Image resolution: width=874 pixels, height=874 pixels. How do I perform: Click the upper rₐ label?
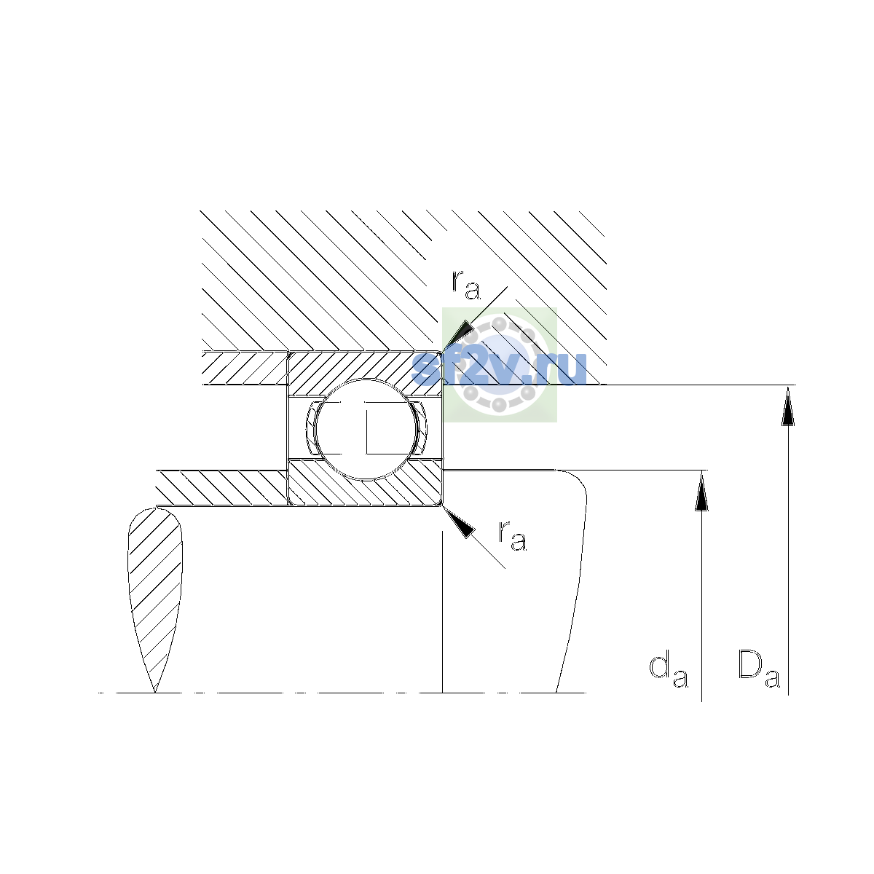point(466,286)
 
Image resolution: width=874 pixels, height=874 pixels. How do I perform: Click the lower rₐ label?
point(513,536)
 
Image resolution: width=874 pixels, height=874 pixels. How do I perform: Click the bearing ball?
point(366,429)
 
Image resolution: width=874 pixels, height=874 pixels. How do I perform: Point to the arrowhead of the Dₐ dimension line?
point(788,406)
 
